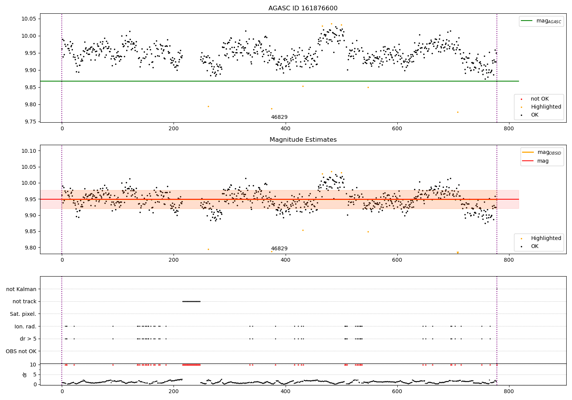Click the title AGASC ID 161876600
tap(303, 8)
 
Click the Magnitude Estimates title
tap(303, 140)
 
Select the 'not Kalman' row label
tap(21, 289)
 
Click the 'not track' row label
tap(24, 301)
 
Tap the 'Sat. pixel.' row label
tap(23, 314)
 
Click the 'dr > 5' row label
tap(28, 339)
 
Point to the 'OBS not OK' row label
tap(21, 351)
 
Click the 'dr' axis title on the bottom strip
tap(25, 374)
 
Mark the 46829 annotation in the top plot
tap(279, 117)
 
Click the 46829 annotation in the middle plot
tap(279, 249)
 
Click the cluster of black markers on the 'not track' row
tap(191, 301)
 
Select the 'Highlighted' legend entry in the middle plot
tap(546, 238)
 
